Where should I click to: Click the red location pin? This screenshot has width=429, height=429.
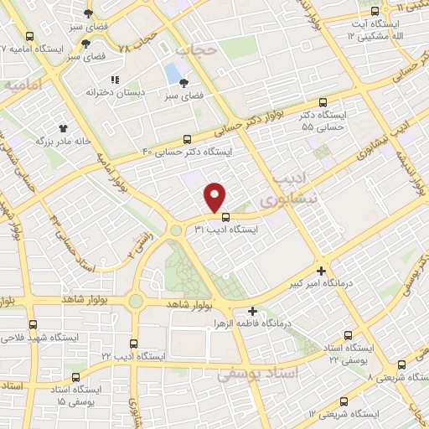(216, 196)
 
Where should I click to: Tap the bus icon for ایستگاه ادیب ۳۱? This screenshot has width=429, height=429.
(224, 216)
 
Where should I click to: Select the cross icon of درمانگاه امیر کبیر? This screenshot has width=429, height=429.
(322, 271)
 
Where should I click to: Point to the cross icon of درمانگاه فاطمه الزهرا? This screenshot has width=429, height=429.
(252, 311)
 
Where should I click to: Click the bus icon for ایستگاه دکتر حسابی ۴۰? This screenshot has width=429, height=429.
(187, 140)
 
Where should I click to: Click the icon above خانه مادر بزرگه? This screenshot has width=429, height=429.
(63, 130)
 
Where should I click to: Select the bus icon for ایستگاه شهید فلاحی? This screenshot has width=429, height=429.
(33, 324)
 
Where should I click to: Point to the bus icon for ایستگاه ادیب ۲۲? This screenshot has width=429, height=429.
(133, 344)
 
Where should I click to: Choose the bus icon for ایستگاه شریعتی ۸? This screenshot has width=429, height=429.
(401, 364)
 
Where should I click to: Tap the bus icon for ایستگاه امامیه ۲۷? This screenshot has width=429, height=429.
(30, 36)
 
